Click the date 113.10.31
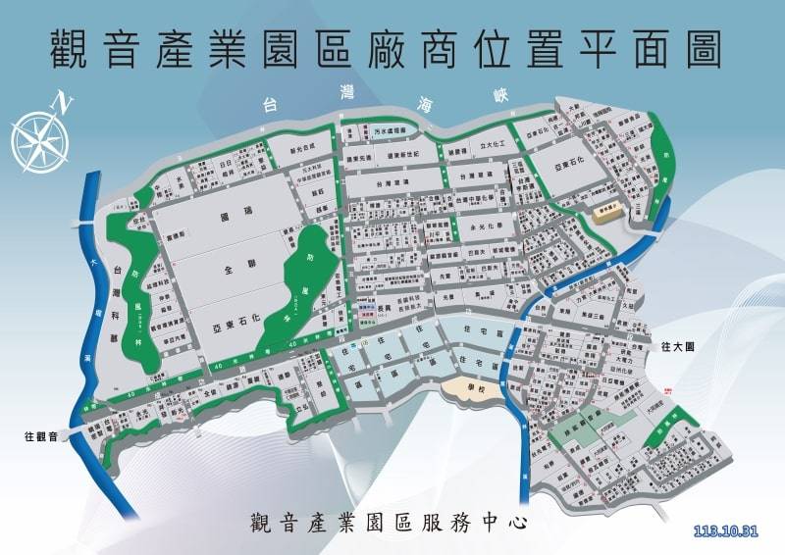(726, 531)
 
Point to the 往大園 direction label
(678, 346)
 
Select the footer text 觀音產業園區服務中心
(390, 521)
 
